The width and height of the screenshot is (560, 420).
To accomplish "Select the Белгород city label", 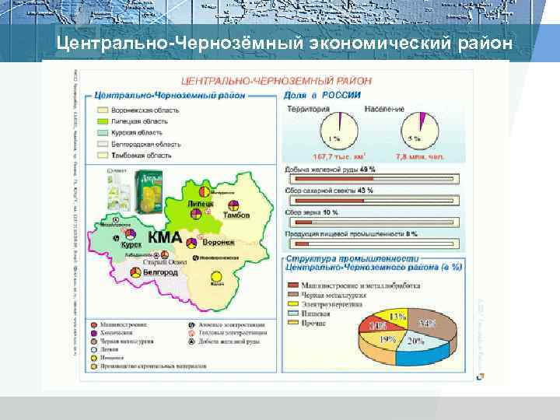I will pos(159,273).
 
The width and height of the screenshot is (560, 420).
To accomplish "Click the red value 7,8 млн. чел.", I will pos(419,156).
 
